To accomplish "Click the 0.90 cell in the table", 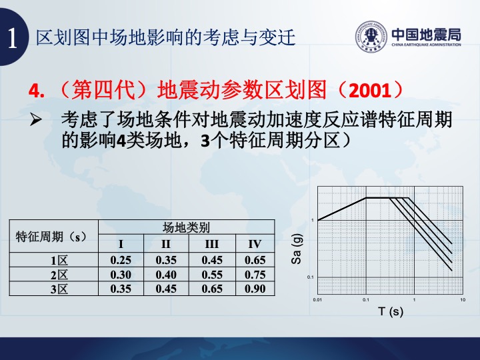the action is coord(255,289).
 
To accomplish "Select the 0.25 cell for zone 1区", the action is coord(121,260).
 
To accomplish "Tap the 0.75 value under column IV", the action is coord(255,275).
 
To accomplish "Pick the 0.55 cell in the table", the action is coord(212,275).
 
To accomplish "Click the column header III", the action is coord(212,244).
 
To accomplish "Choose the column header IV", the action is coord(255,244).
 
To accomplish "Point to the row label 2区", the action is coord(59,275).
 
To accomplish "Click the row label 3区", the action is coord(59,289).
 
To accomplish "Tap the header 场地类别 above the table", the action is coord(186,227).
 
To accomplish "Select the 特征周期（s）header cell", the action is coord(51,237).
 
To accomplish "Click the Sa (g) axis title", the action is coord(297,249).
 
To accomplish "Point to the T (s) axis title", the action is coord(391,311).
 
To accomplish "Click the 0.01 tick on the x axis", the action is coord(317,300).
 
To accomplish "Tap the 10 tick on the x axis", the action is coord(463,300).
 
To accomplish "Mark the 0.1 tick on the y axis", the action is coord(311,277).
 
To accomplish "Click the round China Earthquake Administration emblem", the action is coord(371,37).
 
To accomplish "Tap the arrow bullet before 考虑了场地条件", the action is coord(36,120).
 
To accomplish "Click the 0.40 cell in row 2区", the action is coord(166,275).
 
